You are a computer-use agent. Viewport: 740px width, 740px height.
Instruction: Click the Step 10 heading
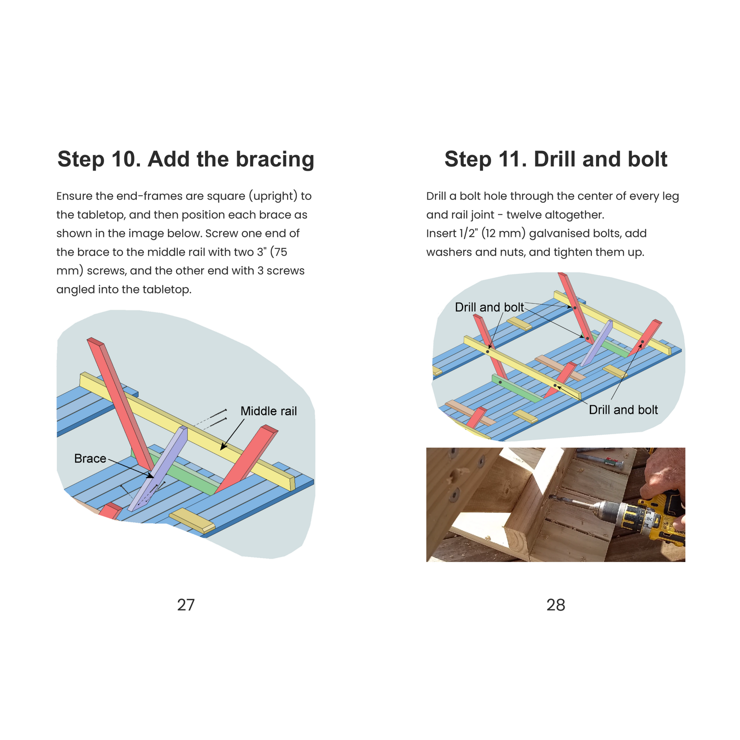(186, 159)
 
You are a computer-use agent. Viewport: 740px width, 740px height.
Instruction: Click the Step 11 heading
(556, 159)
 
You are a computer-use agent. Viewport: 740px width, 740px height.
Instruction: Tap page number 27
(186, 605)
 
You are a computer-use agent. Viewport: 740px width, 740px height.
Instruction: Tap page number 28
(556, 605)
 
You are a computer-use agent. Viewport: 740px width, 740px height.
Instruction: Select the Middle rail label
(268, 411)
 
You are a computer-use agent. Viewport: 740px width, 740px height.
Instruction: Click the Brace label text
(90, 459)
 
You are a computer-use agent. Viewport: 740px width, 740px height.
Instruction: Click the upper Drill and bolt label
(489, 307)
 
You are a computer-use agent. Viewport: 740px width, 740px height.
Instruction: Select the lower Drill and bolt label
(623, 410)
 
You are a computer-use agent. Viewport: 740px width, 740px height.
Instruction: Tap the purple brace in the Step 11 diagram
(596, 344)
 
